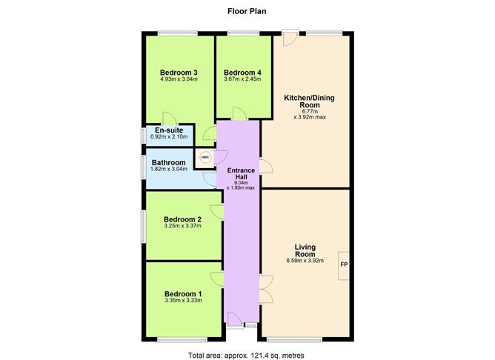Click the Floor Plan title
point(247,12)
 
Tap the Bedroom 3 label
point(179,73)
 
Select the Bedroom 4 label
point(242,73)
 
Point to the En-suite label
point(169,130)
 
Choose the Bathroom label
point(169,162)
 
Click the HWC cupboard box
point(205,158)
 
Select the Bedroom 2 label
point(182,219)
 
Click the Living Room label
point(305,252)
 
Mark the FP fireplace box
point(343,264)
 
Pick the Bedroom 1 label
point(182,293)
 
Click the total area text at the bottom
point(247,355)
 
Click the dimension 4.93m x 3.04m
point(179,81)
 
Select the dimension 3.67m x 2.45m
point(242,81)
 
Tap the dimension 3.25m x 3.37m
point(182,227)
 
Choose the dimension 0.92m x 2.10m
point(169,138)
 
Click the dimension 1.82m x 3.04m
point(169,170)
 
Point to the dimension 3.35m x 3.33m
point(182,301)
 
